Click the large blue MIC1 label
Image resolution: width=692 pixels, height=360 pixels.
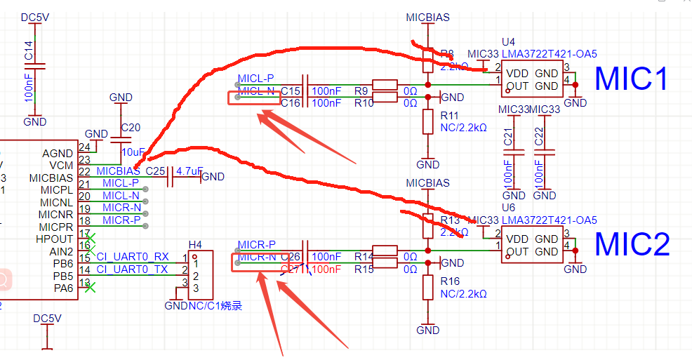coord(632,79)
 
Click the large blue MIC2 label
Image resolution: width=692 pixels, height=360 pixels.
coord(632,244)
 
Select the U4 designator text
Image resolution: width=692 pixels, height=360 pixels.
coord(508,43)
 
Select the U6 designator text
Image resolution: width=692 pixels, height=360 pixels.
coord(508,208)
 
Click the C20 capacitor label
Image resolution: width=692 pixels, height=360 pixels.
coord(131,128)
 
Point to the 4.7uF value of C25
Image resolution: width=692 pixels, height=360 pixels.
coord(189,171)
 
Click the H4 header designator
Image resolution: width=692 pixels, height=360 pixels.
coord(196,244)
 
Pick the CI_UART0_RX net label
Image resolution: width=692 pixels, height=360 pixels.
coord(133,257)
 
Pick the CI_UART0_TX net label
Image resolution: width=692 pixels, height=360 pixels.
coord(133,269)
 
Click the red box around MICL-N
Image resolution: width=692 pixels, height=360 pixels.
coord(255,98)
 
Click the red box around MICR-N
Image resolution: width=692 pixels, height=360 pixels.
coord(260,262)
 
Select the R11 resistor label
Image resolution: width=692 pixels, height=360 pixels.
coord(449,116)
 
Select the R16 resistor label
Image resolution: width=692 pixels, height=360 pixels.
coord(449,281)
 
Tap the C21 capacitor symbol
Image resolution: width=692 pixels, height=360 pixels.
coord(514,150)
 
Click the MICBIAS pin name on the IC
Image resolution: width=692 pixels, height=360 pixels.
coord(51,178)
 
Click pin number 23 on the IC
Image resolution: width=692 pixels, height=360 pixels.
coord(85,160)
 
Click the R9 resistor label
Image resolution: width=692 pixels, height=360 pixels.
coord(361,91)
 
